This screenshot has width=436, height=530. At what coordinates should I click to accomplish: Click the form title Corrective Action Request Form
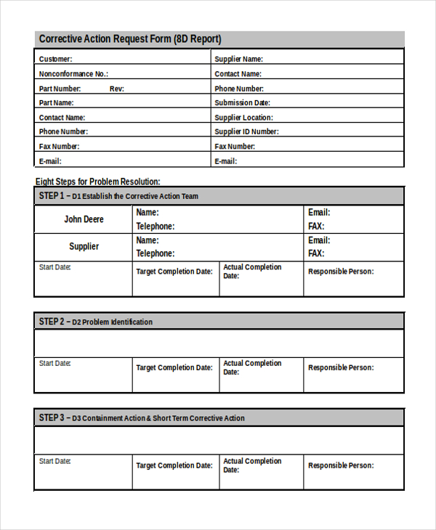130,39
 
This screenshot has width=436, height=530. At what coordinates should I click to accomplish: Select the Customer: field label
56,60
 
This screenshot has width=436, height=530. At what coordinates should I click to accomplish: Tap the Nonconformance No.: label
73,74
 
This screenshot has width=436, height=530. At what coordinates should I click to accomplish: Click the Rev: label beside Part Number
117,89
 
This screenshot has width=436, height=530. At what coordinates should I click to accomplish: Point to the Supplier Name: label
238,60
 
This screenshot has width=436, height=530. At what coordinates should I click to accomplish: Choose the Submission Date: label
242,103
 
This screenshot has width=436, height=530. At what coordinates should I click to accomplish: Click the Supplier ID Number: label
246,132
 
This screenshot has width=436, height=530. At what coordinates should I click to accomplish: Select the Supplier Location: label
243,118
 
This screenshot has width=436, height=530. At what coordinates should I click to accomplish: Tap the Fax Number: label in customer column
60,147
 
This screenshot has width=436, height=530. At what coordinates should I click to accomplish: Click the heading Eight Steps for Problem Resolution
98,182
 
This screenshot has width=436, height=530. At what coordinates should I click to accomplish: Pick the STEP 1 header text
118,196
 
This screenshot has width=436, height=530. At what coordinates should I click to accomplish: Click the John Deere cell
84,219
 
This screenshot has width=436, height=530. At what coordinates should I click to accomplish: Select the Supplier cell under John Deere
84,247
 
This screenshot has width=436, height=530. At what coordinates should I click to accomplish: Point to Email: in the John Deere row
319,213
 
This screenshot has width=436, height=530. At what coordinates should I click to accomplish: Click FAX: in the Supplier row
316,253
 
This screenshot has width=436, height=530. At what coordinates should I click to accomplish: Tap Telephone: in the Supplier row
156,253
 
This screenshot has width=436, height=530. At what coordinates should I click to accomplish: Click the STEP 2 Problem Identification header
96,322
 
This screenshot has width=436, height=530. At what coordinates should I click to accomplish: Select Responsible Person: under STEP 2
341,367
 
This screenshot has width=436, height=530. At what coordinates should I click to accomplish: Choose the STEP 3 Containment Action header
142,418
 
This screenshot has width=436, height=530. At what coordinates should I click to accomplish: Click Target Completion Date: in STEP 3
174,465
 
